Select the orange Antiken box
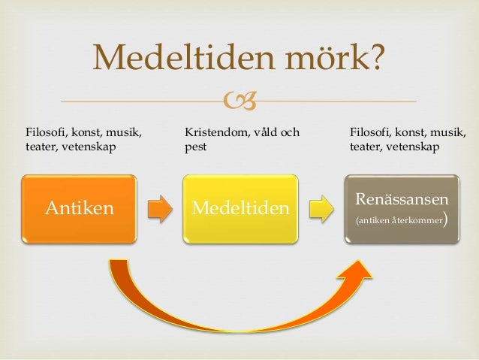(x=79, y=208)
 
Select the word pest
(x=195, y=147)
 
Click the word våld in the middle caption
(x=262, y=133)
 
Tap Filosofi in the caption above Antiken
(x=45, y=133)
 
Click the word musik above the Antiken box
(x=125, y=133)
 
